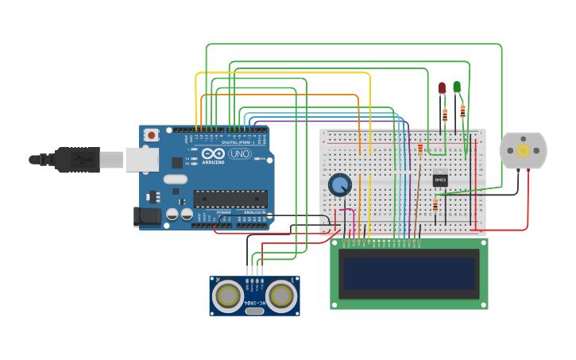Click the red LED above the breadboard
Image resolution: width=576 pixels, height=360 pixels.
tap(443, 87)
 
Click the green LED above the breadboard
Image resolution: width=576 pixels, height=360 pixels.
tap(457, 86)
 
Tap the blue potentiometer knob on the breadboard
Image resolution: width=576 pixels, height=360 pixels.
tap(339, 185)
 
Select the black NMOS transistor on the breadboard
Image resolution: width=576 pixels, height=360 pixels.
tap(440, 180)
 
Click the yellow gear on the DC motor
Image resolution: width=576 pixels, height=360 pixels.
tap(523, 150)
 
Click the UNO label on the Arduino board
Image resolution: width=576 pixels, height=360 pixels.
tap(239, 153)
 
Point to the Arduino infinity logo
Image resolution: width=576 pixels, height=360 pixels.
tap(214, 153)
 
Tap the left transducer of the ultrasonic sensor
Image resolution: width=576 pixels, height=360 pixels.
tap(228, 296)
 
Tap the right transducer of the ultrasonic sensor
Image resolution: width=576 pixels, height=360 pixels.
tap(280, 296)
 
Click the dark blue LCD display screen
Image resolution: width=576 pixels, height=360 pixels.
tap(409, 273)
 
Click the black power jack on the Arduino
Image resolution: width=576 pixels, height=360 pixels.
tap(149, 215)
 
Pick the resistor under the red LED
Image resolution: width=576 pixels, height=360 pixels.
tap(445, 115)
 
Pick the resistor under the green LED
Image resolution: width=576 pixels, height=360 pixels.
tap(462, 111)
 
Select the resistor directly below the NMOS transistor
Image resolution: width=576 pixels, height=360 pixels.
tap(435, 207)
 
